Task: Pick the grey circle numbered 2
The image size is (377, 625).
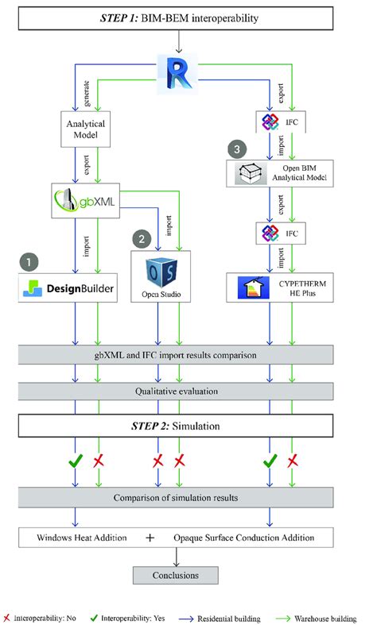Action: [x=142, y=237]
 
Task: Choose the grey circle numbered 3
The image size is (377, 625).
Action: [x=235, y=149]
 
